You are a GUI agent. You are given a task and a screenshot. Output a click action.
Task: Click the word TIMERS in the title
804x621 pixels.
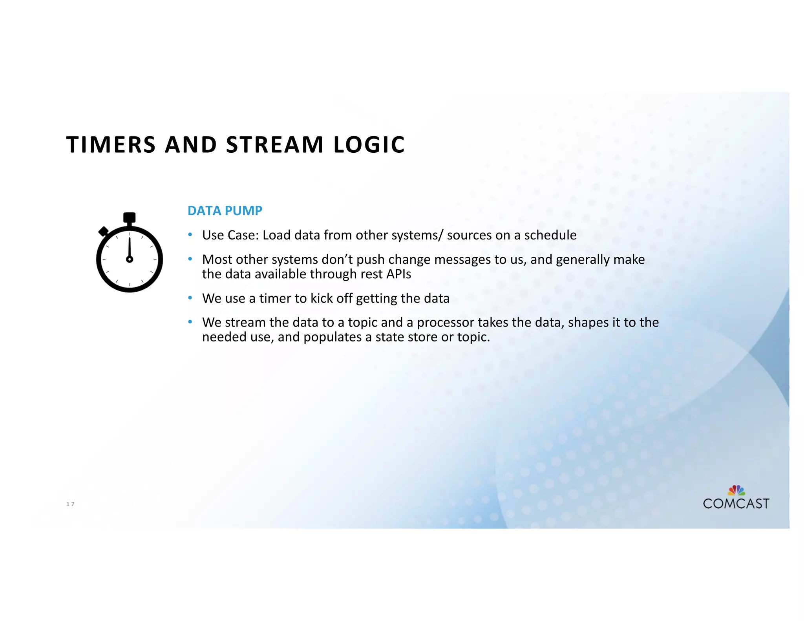pos(111,144)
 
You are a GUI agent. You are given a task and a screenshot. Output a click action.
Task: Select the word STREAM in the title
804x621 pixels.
pos(275,144)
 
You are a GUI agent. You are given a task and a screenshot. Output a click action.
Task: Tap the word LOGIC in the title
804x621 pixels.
pos(369,144)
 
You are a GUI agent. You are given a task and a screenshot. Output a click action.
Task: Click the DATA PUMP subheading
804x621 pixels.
pos(225,211)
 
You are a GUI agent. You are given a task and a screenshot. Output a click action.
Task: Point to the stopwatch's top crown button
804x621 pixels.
pos(129,217)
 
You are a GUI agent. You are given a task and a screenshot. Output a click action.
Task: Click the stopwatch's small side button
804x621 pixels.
pos(104,231)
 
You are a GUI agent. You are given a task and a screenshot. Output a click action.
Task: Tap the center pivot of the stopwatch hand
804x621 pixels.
pos(130,259)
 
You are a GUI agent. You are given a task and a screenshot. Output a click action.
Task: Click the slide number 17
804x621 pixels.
pos(70,504)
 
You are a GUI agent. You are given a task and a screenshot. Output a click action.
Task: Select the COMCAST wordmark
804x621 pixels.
pos(736,504)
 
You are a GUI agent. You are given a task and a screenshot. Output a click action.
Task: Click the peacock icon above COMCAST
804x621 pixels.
pos(736,490)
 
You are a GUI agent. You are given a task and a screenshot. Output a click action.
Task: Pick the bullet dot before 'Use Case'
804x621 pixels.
pos(190,235)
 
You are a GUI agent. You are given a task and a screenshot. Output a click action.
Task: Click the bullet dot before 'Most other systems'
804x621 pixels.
pos(190,259)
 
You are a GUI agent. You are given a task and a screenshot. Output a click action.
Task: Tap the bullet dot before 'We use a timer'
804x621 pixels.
pos(190,298)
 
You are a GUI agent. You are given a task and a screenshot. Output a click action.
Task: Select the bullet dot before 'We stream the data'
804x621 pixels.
pos(190,322)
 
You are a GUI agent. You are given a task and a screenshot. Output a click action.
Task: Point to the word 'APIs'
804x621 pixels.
pos(399,274)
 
